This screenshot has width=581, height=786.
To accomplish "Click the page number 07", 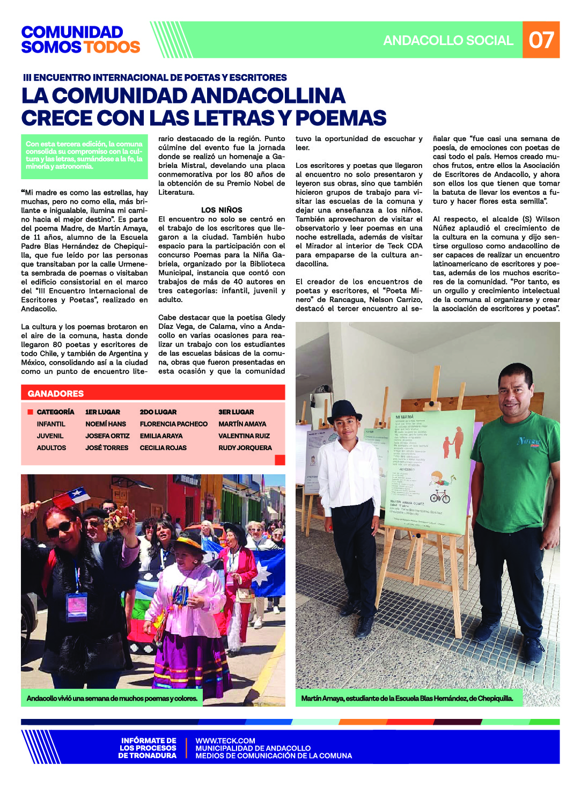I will coord(541,40).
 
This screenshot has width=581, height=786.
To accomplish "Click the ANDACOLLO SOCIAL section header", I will coord(448,40).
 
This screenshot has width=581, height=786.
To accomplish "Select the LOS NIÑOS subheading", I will coord(222,210).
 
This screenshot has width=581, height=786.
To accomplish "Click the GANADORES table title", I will coord(56,393).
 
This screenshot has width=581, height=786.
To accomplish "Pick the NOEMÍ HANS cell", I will coord(106,424).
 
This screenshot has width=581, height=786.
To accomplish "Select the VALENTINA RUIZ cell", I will coord(244,436).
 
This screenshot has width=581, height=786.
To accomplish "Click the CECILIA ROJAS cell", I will coord(163,447).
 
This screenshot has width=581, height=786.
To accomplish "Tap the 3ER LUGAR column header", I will coord(236,412).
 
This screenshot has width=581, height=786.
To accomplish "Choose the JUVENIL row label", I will coord(50,436).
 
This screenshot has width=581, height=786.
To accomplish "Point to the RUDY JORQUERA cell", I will coord(245,447).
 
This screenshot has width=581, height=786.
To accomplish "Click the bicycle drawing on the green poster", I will coord(439,496).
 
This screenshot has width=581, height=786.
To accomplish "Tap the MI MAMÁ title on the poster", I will coord(405,416).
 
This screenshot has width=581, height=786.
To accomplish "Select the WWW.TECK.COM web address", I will coord(225,740).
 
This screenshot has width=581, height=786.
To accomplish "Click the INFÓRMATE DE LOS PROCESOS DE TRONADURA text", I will coord(148,748).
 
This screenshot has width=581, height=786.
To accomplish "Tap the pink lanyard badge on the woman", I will coord(77,606).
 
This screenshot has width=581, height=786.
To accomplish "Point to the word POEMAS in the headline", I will coord(341,118).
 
